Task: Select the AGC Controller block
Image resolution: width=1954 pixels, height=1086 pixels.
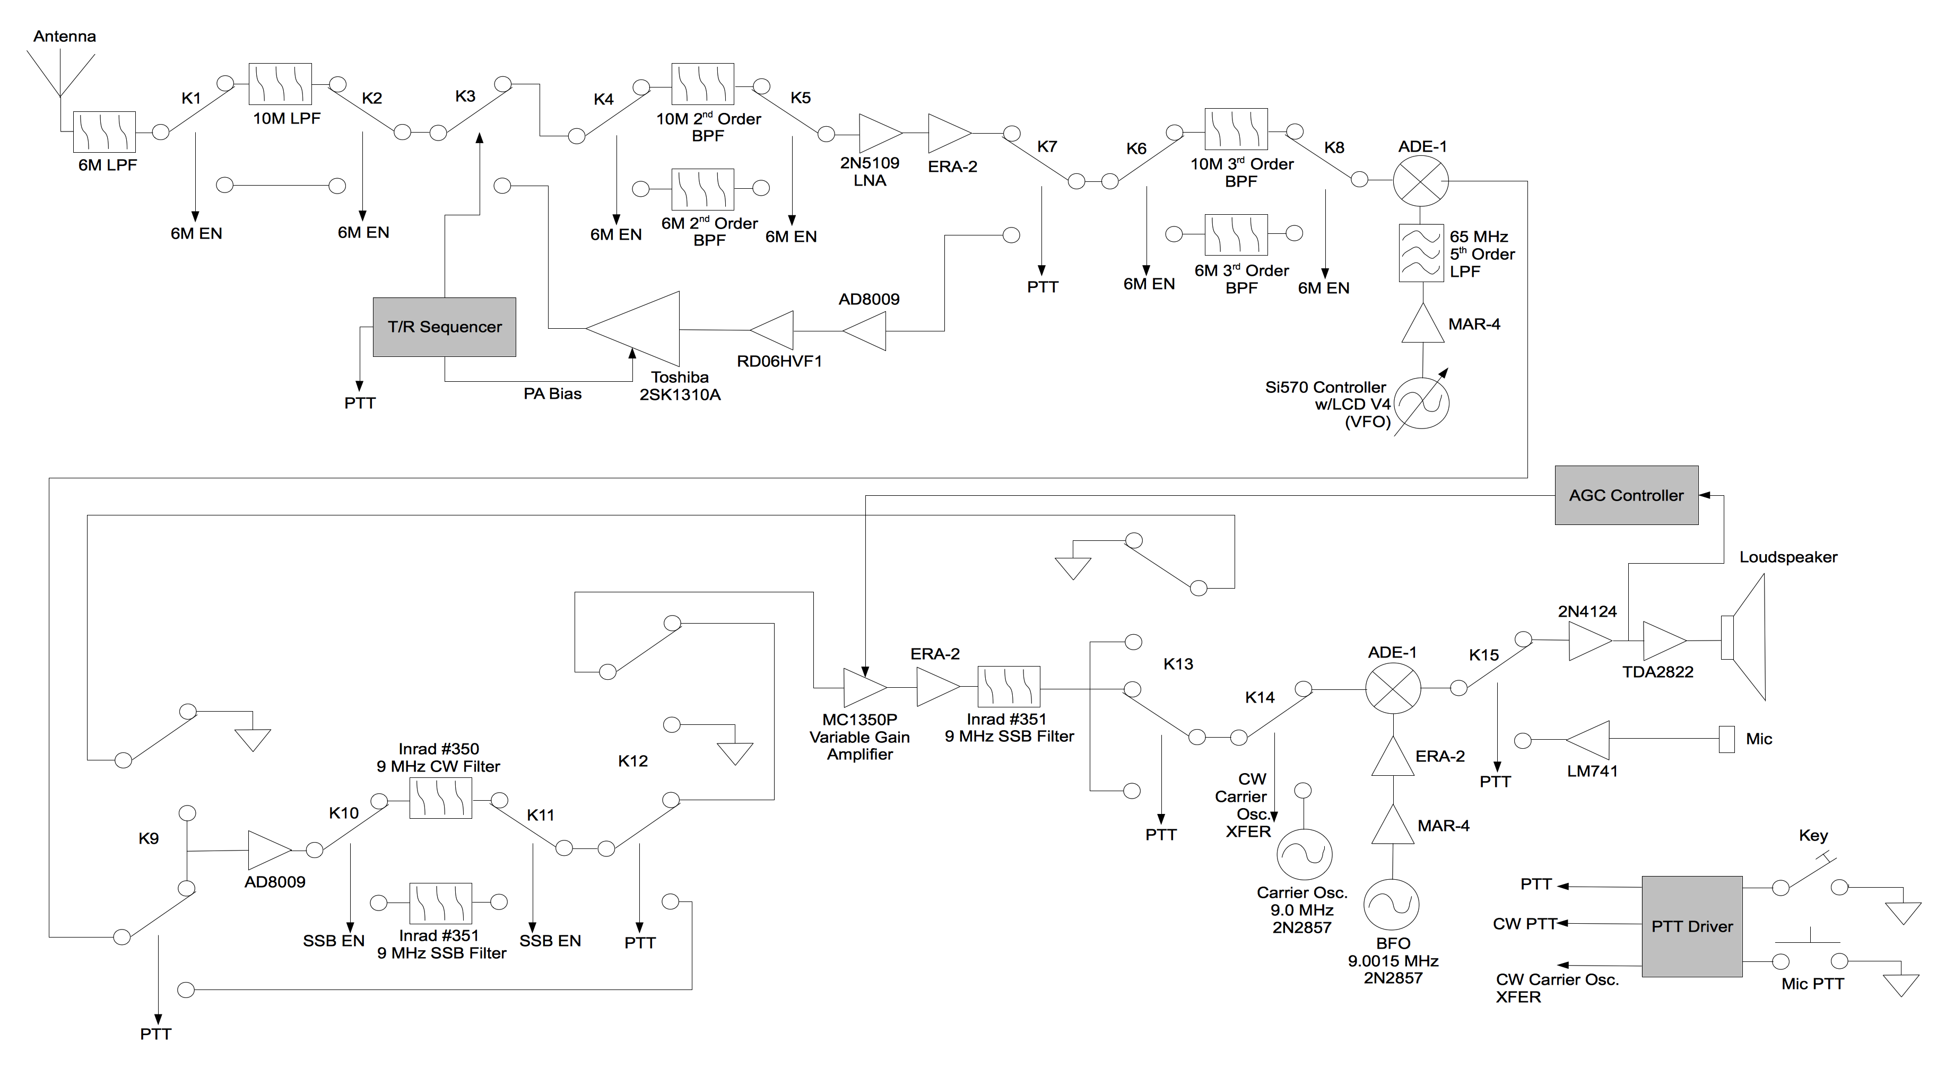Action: (1626, 495)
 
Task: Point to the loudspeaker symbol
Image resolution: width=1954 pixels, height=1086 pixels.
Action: (1744, 637)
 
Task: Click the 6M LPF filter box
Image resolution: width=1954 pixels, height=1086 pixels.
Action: (105, 132)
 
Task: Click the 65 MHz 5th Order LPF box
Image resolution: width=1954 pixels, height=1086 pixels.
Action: (1421, 253)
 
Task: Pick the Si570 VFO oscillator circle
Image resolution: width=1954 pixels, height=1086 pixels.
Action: (1422, 402)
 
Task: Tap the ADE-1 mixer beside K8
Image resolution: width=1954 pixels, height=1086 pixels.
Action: (1421, 180)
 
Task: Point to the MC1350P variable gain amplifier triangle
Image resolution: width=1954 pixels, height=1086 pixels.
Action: (863, 687)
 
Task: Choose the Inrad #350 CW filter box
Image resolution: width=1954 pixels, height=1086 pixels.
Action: (441, 798)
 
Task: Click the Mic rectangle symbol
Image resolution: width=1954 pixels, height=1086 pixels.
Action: (1726, 739)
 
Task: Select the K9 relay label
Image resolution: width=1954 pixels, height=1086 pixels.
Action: (149, 838)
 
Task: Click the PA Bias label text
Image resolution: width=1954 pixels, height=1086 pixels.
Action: (552, 393)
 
